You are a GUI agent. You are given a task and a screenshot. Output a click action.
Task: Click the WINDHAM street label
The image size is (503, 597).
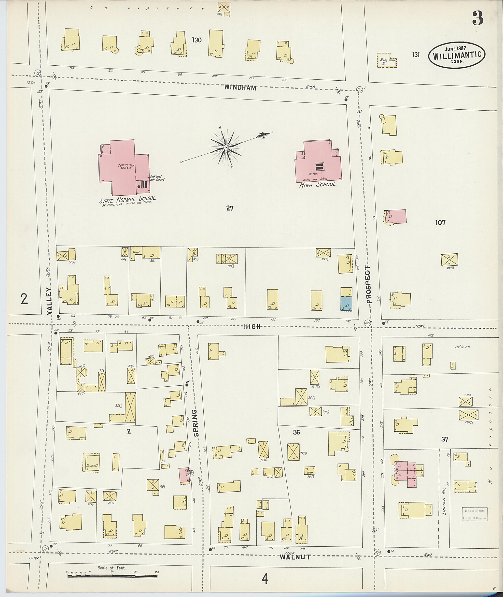point(240,87)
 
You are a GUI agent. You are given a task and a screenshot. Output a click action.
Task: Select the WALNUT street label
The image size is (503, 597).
point(295,557)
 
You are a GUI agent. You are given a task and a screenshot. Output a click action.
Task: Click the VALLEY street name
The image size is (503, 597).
point(49,301)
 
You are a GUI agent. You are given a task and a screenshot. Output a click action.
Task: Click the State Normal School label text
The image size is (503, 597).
point(127,199)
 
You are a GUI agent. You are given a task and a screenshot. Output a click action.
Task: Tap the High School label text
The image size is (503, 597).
point(318,185)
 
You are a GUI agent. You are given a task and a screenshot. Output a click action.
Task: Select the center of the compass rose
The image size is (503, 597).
point(226,147)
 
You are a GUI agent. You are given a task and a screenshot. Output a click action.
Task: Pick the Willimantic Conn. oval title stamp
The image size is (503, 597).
point(457,55)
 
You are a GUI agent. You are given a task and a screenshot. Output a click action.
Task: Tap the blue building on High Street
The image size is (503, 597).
point(346,303)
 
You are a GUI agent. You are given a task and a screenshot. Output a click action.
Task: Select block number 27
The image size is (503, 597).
point(230,208)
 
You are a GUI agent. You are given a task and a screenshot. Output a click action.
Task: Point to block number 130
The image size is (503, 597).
point(196,40)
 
